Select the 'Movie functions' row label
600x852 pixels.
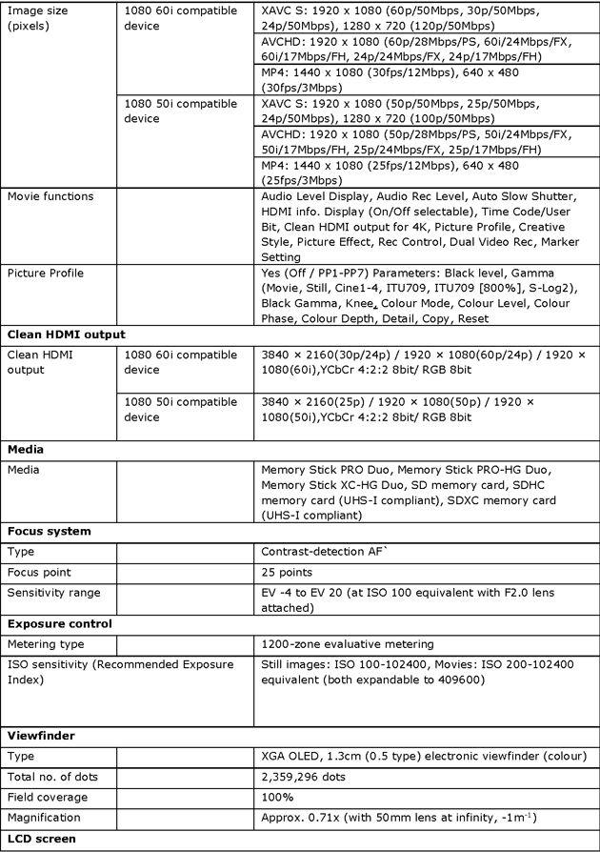click(x=50, y=196)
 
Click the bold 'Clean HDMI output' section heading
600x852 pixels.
click(x=66, y=335)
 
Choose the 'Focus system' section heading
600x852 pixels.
click(x=49, y=531)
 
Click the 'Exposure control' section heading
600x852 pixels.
click(x=58, y=623)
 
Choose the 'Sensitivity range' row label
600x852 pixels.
click(x=54, y=593)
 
